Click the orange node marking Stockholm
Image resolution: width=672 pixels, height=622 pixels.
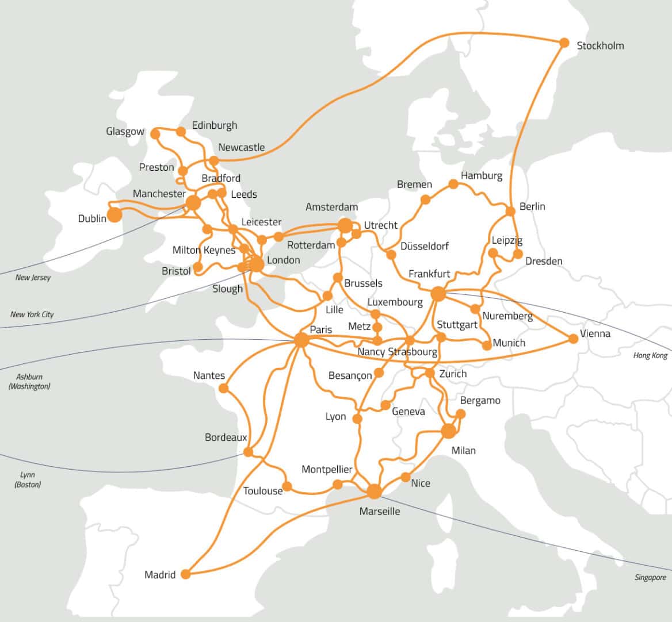[564, 43]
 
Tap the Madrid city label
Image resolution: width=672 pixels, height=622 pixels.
[160, 575]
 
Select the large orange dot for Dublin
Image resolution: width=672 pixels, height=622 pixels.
[115, 215]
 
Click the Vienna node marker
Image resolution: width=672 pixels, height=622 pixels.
[573, 339]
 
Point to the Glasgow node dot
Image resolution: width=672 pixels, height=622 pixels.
[155, 134]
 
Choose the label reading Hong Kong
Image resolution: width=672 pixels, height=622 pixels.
[650, 355]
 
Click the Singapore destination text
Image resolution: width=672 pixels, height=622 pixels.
[650, 577]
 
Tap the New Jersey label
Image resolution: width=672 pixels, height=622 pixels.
[33, 278]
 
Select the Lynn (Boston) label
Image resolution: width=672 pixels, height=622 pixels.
[27, 479]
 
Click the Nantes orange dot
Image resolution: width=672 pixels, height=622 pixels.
[224, 389]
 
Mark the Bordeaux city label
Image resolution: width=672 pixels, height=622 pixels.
[226, 437]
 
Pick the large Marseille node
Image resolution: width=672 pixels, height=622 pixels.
[374, 492]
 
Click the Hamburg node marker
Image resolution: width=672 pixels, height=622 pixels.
[453, 184]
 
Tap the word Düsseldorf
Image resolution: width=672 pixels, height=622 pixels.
[424, 246]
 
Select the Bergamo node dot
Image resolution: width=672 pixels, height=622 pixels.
[460, 414]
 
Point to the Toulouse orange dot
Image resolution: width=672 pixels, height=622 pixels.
[287, 487]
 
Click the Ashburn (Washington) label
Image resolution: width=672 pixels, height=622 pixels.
[29, 382]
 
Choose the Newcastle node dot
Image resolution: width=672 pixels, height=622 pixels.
[214, 160]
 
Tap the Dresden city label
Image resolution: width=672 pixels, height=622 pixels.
[544, 261]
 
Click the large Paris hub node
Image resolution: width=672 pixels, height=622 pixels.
[301, 340]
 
